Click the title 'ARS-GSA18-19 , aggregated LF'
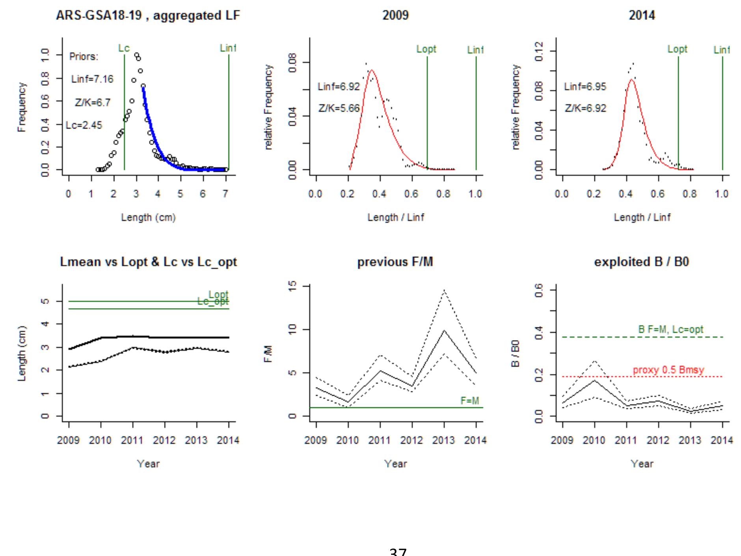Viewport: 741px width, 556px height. coord(148,15)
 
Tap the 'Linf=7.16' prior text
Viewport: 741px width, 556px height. coord(92,79)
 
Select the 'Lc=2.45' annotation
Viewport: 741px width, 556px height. coord(84,125)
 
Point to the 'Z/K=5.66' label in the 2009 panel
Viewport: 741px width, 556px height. coord(339,108)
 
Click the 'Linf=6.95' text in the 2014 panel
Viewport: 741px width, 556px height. coord(585,87)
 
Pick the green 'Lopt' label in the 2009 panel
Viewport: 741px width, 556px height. coord(426,49)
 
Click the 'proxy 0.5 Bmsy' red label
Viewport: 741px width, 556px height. coord(668,370)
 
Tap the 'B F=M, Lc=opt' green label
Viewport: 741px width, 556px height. coord(670,329)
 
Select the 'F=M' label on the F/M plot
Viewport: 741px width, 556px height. coord(470,401)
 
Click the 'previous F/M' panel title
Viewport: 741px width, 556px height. coord(395,262)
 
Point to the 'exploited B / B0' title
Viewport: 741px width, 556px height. coord(642,262)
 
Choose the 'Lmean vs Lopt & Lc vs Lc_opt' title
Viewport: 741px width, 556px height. coord(148,262)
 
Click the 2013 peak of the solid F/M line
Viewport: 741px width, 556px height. coord(444,330)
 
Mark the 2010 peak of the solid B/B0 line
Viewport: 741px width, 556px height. coord(594,380)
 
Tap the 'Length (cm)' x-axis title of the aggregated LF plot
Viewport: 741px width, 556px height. coord(148,217)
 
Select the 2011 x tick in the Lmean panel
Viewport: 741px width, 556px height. coord(132,440)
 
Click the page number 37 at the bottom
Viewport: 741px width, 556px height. coord(398,552)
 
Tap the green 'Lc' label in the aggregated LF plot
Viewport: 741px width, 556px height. coord(124,48)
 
